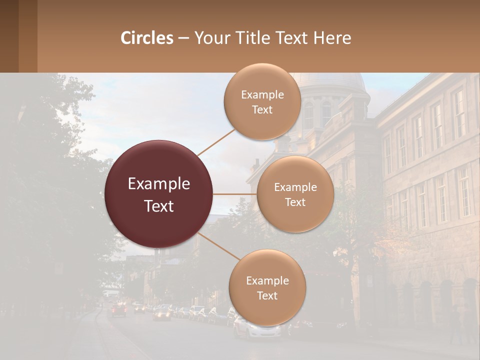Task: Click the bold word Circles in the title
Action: click(147, 38)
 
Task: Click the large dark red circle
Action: click(159, 194)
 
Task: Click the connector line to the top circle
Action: click(216, 141)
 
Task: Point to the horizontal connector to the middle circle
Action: click(235, 194)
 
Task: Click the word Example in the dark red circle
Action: click(159, 184)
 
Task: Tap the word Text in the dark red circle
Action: click(159, 206)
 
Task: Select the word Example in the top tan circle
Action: click(262, 95)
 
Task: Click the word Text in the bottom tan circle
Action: click(267, 296)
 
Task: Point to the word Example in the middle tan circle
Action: click(295, 187)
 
